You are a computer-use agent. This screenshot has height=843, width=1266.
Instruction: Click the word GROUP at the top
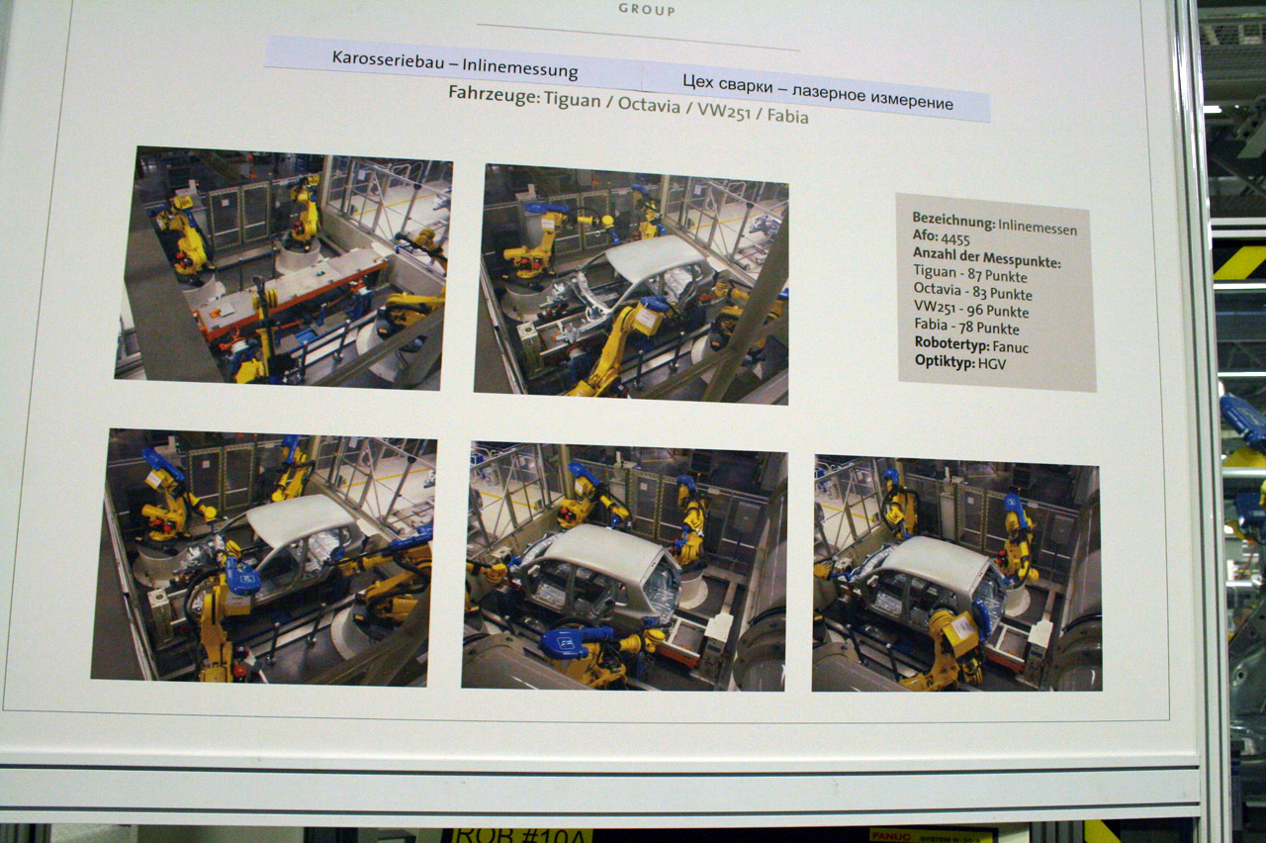[x=647, y=10]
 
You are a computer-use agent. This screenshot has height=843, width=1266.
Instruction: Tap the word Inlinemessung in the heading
[x=520, y=68]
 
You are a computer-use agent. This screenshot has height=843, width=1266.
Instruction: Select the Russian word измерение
[x=912, y=100]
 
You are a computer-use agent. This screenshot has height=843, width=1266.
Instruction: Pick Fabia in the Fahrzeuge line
[x=788, y=116]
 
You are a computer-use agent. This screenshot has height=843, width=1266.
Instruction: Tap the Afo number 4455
[x=955, y=239]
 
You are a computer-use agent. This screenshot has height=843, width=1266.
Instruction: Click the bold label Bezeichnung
[x=953, y=221]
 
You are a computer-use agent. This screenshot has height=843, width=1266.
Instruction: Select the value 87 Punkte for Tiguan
[x=998, y=275]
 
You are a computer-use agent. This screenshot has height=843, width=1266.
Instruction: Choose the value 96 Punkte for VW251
[x=998, y=311]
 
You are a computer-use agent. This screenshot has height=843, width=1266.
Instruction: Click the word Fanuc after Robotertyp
[x=1011, y=346]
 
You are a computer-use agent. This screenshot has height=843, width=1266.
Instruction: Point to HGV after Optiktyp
[x=992, y=363]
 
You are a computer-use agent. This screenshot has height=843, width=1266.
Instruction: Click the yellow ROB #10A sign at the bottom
[x=520, y=836]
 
